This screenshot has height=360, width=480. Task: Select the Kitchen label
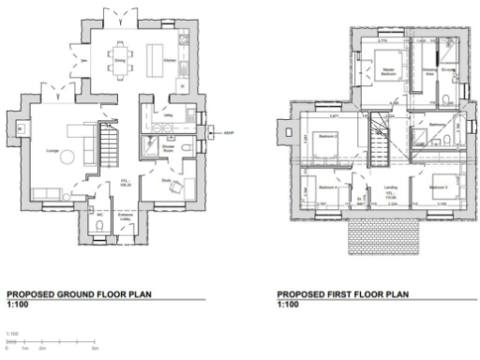coord(170,58)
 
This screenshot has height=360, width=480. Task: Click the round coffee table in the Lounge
coord(65,158)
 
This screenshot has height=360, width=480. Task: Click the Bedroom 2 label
coord(327,137)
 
